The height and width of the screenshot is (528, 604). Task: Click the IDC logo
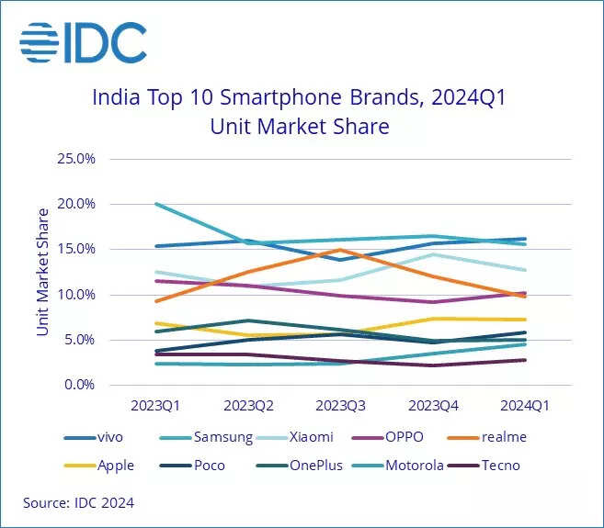point(83,43)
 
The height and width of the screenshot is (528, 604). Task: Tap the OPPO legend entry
point(405,437)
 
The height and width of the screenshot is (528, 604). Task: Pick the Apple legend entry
point(116,465)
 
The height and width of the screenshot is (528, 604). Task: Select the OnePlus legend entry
point(314,465)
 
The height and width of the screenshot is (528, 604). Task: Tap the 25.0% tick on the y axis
point(76,158)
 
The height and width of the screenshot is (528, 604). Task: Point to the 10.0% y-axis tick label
point(76,295)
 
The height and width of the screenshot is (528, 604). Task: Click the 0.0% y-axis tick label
point(79,386)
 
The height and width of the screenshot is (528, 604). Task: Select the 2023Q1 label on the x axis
point(155,403)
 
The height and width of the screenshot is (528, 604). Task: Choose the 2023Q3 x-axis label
point(341,403)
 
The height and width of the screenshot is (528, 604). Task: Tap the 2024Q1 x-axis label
point(526,403)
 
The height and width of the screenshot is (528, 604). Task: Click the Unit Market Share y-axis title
point(42,272)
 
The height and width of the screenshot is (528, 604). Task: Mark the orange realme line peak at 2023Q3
point(341,250)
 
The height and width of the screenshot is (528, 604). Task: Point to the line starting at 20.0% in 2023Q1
point(158,204)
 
